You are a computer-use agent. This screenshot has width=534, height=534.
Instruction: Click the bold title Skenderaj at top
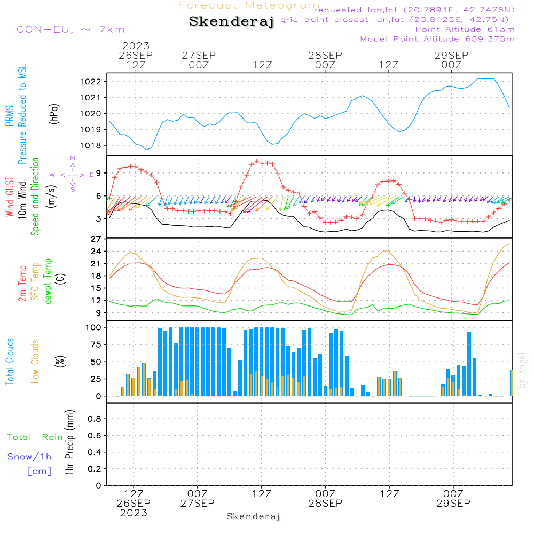click(x=231, y=22)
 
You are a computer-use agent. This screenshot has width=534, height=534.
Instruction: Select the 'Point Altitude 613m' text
click(x=465, y=29)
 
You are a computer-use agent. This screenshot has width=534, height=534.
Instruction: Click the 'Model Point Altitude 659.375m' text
click(x=437, y=39)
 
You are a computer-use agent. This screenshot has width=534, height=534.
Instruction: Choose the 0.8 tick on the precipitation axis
click(x=95, y=419)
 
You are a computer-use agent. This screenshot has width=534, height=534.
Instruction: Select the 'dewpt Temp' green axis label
click(x=49, y=281)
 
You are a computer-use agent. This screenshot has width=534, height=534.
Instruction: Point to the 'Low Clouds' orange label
click(x=35, y=361)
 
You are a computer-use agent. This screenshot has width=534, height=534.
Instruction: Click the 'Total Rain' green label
click(x=35, y=437)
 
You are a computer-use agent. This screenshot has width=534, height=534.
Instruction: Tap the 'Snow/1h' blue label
click(x=29, y=457)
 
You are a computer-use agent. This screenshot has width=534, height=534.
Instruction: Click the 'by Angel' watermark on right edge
click(x=523, y=370)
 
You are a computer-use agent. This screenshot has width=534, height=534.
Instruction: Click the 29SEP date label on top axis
click(x=451, y=55)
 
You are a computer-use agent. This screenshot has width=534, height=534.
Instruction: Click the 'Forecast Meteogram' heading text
click(x=249, y=6)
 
